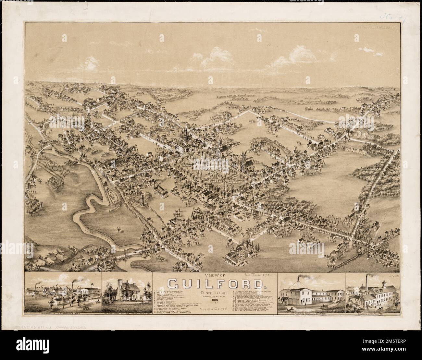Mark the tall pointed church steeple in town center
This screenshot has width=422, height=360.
click(x=186, y=133)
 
